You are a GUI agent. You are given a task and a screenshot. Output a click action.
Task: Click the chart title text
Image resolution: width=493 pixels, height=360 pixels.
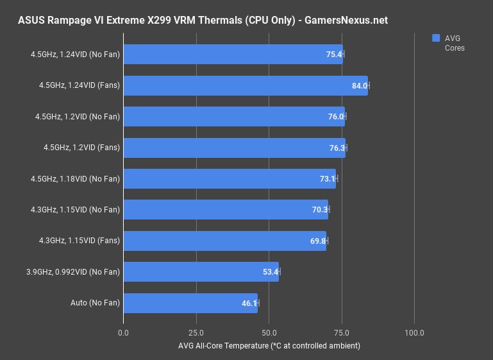click(x=203, y=21)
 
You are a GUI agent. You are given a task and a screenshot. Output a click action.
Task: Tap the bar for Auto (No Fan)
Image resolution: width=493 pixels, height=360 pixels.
click(x=190, y=303)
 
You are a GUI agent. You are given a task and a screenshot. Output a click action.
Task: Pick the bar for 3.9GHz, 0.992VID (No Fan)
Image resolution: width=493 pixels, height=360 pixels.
click(x=201, y=272)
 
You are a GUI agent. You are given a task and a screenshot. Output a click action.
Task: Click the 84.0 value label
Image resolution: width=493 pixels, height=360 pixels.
click(x=359, y=86)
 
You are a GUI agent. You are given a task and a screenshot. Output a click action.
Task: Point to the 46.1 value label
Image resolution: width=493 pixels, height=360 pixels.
click(x=249, y=304)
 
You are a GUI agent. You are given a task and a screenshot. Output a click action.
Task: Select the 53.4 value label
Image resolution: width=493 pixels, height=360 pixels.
click(x=270, y=272)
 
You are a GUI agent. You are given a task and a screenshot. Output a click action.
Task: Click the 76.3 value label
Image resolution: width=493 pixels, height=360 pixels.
click(x=337, y=148)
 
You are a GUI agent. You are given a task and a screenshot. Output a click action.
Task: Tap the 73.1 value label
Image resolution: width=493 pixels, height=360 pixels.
click(x=328, y=179)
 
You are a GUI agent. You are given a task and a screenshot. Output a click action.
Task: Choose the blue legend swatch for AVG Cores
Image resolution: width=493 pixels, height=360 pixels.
click(x=436, y=38)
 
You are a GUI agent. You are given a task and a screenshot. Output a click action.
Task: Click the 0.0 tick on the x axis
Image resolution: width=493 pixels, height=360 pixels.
click(x=124, y=333)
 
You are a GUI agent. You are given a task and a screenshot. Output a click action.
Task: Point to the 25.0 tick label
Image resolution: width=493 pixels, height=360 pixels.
click(x=196, y=333)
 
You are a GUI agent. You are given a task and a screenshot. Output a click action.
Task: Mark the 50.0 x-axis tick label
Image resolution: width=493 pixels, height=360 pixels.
click(x=269, y=333)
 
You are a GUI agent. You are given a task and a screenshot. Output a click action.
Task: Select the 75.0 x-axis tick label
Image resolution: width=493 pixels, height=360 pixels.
click(x=342, y=333)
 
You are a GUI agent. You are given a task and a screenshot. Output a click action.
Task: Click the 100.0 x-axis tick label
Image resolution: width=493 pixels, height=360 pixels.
click(x=414, y=333)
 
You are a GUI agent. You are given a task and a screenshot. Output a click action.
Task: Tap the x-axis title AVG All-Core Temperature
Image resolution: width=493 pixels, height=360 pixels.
click(x=269, y=346)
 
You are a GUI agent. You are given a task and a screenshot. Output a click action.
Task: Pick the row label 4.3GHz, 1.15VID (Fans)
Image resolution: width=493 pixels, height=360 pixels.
click(x=80, y=241)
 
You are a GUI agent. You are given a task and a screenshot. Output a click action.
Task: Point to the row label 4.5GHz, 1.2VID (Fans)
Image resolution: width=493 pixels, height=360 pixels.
click(x=82, y=148)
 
